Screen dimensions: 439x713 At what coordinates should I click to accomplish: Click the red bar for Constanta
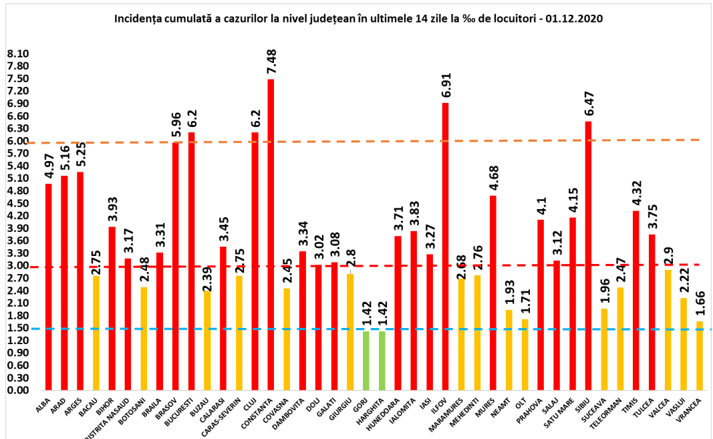point(271,234)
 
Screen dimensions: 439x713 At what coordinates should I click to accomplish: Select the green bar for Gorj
point(366,360)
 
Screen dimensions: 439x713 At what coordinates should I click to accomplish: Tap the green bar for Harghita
point(382,360)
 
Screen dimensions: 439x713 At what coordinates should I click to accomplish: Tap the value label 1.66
point(699,304)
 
